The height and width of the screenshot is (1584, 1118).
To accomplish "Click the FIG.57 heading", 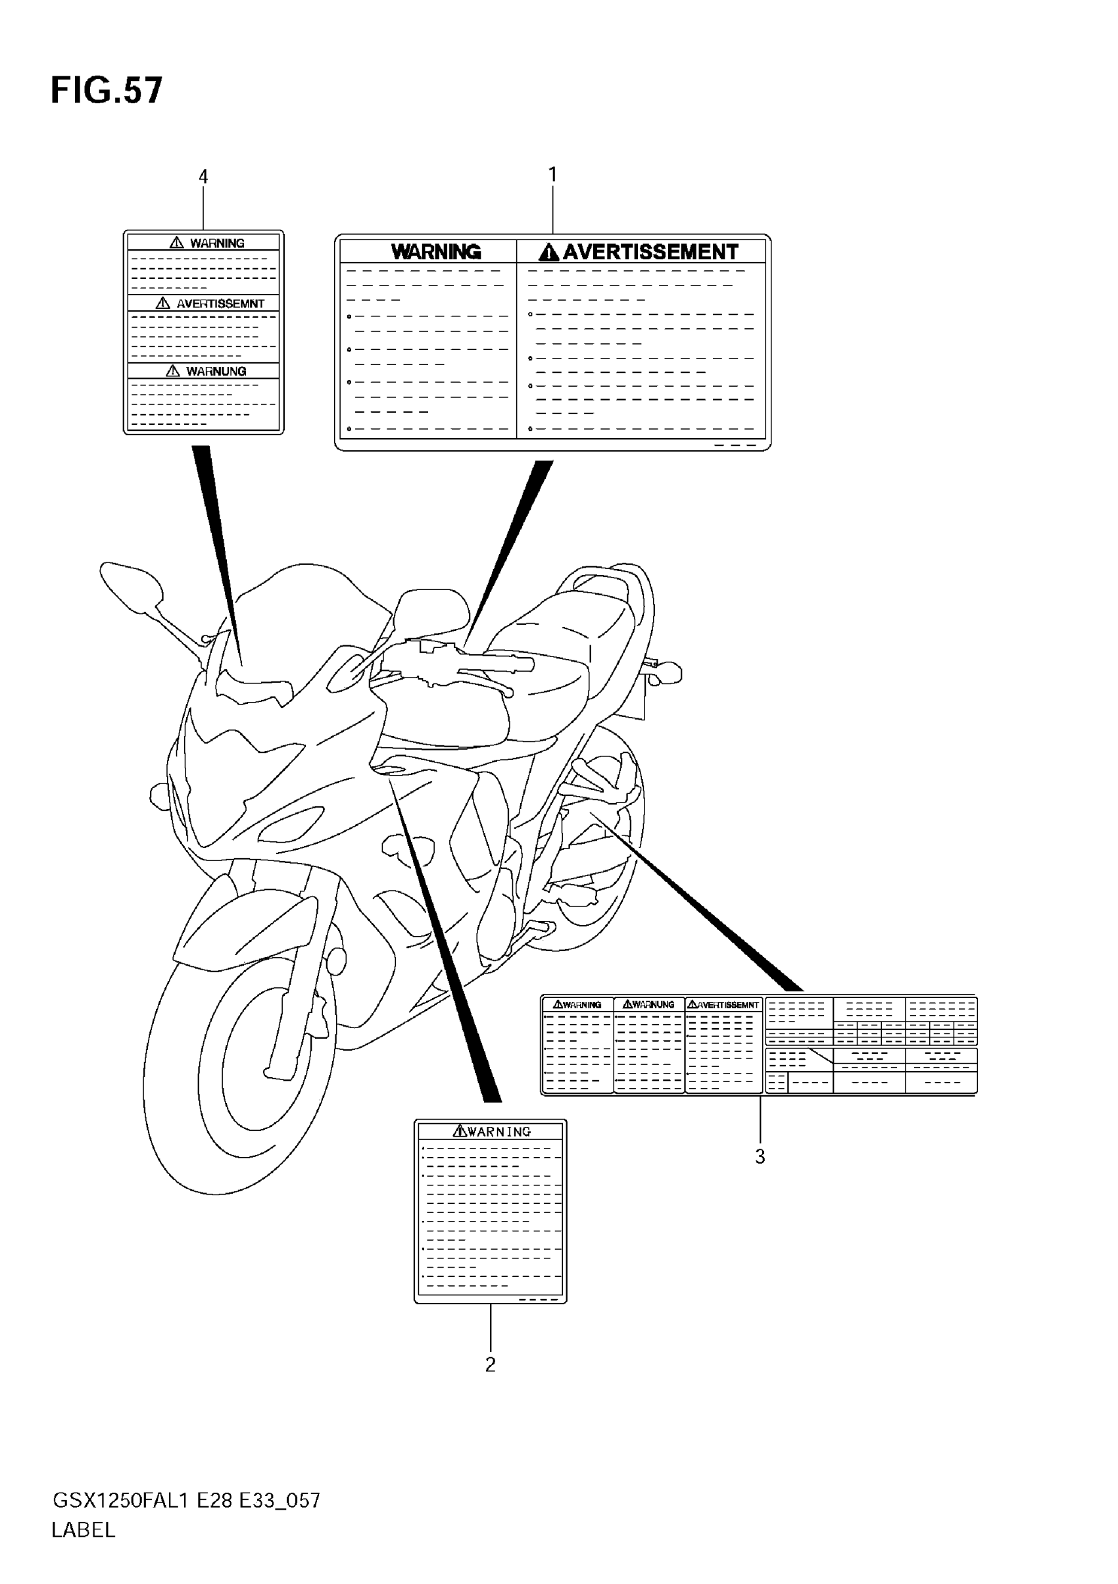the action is (x=107, y=90).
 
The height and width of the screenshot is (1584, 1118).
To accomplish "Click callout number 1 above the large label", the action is (x=552, y=175).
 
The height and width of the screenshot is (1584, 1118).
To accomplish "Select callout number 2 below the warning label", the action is (x=491, y=1364).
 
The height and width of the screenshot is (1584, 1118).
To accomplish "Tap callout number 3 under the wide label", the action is (x=760, y=1157).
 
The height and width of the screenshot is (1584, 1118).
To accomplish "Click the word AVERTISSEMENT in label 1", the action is (x=650, y=253).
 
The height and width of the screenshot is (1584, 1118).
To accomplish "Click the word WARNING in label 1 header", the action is (x=436, y=253).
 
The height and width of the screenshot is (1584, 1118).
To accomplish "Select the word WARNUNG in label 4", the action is (x=215, y=371).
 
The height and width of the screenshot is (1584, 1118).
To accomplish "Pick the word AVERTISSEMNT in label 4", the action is (x=220, y=303).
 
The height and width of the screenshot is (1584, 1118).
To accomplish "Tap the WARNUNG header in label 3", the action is (x=652, y=1005).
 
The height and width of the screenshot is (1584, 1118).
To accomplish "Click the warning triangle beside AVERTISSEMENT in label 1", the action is (x=548, y=253).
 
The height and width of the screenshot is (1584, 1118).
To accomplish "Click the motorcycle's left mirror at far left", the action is (x=131, y=585).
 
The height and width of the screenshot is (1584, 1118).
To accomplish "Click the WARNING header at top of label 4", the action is (x=216, y=243).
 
